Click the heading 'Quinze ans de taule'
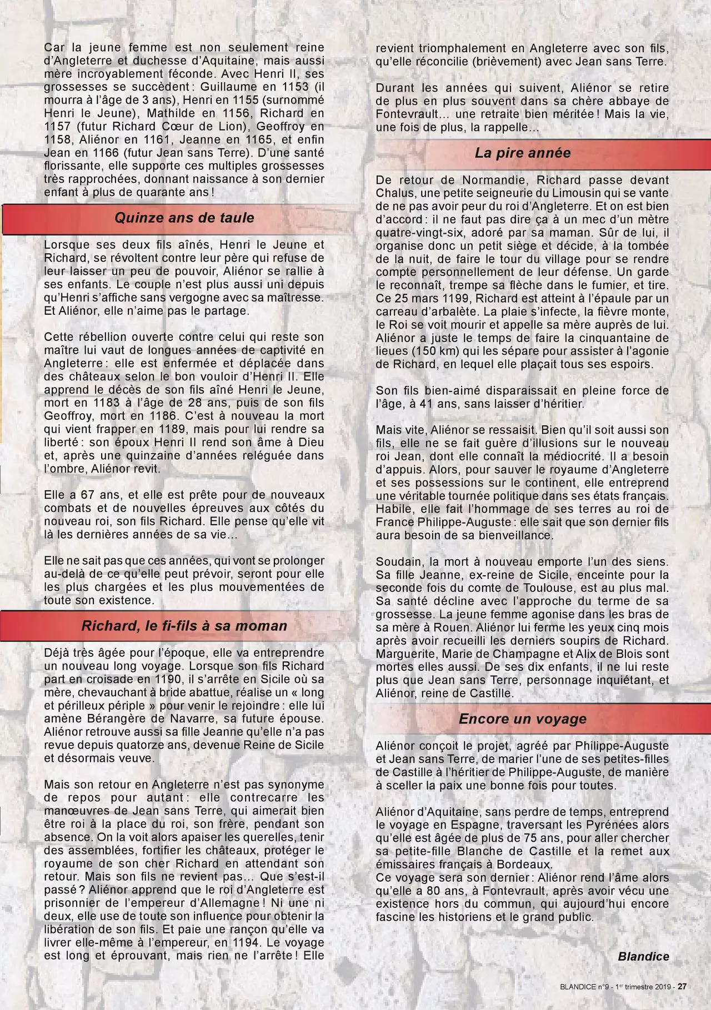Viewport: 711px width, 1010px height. pyautogui.click(x=184, y=218)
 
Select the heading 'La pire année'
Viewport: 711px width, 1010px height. pyautogui.click(x=522, y=153)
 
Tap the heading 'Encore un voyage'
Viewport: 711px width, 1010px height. pyautogui.click(x=522, y=719)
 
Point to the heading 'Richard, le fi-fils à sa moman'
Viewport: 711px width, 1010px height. pyautogui.click(x=184, y=626)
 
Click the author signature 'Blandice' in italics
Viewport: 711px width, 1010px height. pyautogui.click(x=643, y=956)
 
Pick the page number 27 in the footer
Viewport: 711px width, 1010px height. pyautogui.click(x=682, y=987)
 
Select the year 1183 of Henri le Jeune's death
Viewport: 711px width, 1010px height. pyautogui.click(x=107, y=403)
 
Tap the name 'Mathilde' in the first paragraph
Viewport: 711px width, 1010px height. pyautogui.click(x=150, y=114)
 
